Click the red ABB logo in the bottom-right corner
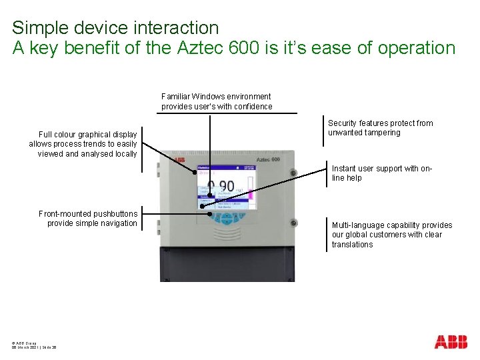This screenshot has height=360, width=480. tap(451, 342)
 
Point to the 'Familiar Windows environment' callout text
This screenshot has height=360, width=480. tap(216, 101)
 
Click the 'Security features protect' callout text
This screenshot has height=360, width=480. tap(380, 128)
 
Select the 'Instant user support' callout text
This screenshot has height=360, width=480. tap(382, 173)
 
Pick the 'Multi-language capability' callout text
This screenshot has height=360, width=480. tap(391, 235)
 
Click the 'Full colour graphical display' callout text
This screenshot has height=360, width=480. tap(83, 144)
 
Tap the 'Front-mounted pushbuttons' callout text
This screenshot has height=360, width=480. tap(88, 219)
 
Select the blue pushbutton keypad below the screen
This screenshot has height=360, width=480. tap(227, 219)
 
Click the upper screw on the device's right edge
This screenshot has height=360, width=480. tap(293, 173)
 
